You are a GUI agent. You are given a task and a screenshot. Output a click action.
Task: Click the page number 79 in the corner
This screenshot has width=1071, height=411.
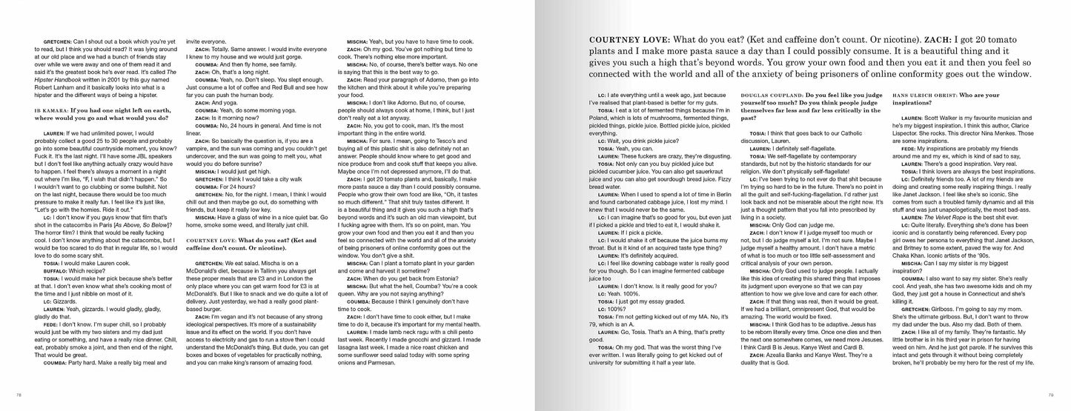click(1050, 394)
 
